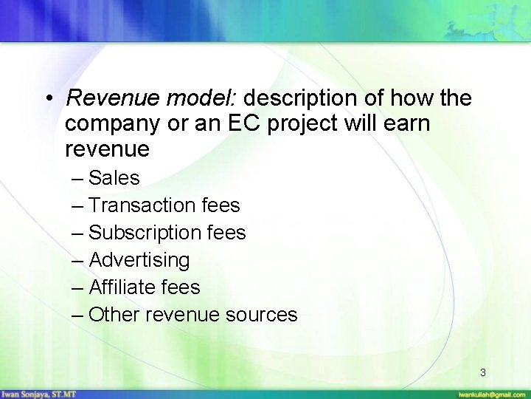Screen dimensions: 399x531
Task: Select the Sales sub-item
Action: tap(114, 178)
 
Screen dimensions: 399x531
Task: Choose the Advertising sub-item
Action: tap(138, 260)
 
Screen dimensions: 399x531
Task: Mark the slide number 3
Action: tap(483, 372)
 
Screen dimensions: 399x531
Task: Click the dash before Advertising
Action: tap(78, 260)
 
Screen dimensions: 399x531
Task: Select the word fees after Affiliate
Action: tap(181, 287)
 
